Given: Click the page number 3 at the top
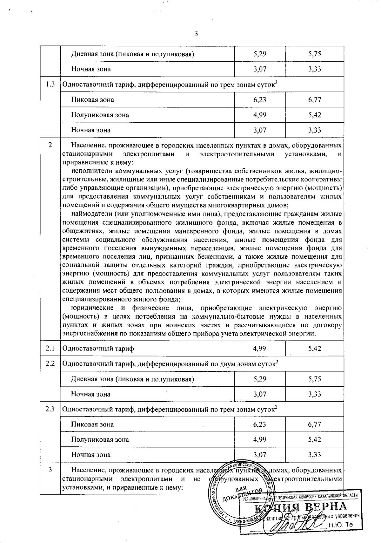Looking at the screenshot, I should (196, 33).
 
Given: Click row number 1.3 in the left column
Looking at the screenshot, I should (50, 84).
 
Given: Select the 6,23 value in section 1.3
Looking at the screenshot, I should (259, 100).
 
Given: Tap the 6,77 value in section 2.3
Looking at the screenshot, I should (314, 424).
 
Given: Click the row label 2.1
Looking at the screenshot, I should (50, 349).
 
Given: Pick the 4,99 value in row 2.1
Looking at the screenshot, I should (259, 349).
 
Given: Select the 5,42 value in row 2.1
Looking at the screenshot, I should (314, 349).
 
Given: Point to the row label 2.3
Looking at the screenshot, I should (50, 409).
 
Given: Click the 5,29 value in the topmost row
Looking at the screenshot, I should (259, 54).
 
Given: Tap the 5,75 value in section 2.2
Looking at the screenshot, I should (314, 379).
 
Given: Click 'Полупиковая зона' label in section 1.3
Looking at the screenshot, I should (100, 115).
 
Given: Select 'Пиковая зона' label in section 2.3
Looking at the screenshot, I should (92, 424).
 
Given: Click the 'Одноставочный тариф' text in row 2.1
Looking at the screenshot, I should (98, 349).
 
